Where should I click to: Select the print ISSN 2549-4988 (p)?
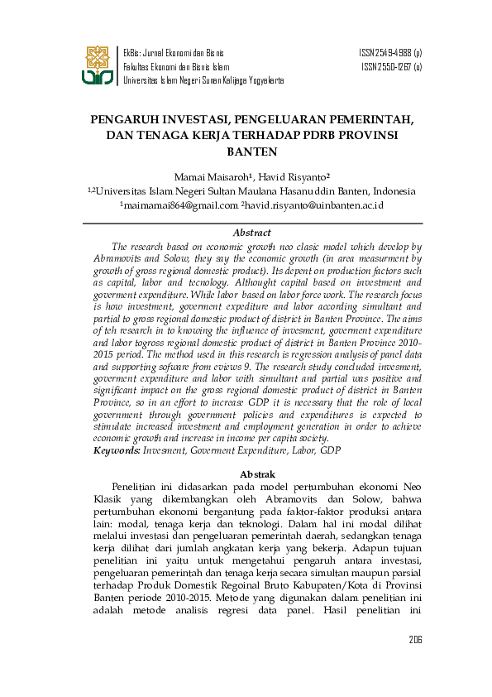pos(390,52)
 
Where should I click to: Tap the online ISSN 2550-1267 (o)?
pos(391,66)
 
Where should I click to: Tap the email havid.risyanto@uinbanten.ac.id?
pos(314,204)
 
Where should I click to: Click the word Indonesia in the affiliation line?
pos(392,190)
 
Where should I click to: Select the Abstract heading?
pos(251,233)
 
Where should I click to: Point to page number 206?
pos(415,640)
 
